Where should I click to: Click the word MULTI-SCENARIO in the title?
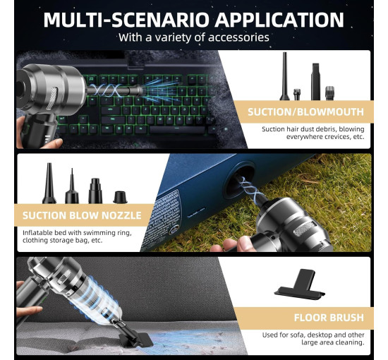click(126, 20)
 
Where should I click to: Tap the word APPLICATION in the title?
click(279, 20)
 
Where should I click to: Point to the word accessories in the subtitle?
click(238, 37)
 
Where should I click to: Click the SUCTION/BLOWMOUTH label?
click(305, 112)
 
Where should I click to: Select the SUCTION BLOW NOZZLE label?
click(82, 215)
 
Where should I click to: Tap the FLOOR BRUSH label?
click(329, 318)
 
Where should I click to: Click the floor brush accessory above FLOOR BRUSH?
click(300, 284)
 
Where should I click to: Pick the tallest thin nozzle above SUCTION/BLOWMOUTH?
click(284, 76)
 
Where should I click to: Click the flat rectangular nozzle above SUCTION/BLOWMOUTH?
click(315, 81)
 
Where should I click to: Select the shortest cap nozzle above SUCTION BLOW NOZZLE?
click(120, 197)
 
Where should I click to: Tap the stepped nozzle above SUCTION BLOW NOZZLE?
click(95, 191)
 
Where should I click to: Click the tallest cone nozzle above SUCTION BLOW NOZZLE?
click(49, 184)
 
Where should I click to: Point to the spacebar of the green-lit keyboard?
click(177, 129)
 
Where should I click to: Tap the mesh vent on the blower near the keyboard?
click(52, 98)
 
